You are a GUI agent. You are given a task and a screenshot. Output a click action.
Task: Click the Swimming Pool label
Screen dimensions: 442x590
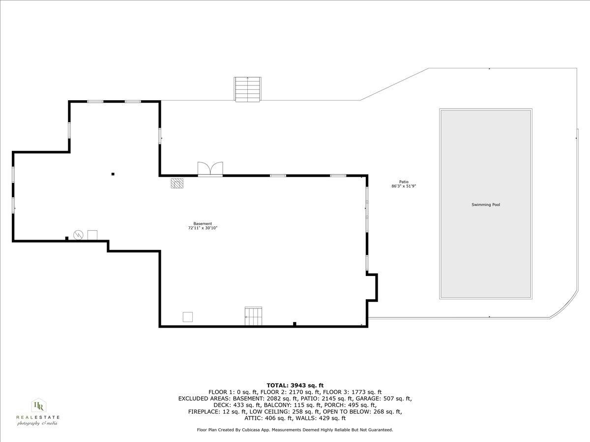(485, 204)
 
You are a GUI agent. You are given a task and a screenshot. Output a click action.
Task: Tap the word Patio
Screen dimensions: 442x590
(404, 182)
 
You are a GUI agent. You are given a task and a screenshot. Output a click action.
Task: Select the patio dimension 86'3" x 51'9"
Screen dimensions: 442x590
(404, 186)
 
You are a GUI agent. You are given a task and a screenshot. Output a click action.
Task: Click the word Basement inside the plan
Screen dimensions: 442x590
(203, 223)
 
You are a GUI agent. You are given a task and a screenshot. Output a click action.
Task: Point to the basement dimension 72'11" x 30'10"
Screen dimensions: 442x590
(203, 228)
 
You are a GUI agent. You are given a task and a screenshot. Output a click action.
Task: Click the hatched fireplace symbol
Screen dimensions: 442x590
(177, 183)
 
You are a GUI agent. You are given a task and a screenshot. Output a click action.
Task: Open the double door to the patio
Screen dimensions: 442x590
(210, 169)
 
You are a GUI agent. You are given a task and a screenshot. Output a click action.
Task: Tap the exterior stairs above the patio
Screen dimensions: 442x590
(248, 89)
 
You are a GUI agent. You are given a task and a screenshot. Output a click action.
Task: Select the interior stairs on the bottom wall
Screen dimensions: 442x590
(253, 316)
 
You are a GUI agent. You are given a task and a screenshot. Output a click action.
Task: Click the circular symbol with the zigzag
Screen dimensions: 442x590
(78, 235)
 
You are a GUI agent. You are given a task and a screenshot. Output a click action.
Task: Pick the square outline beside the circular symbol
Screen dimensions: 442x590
(92, 235)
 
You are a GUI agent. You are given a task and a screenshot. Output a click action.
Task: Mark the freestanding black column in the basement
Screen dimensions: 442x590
(113, 174)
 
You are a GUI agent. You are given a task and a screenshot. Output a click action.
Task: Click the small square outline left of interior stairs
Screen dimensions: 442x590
(187, 317)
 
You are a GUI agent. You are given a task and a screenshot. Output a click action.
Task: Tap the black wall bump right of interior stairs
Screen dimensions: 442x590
(295, 323)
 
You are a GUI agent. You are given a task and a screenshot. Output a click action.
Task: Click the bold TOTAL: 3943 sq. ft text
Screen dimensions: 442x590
(295, 385)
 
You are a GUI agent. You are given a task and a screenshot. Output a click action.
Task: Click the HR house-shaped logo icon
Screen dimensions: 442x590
(38, 406)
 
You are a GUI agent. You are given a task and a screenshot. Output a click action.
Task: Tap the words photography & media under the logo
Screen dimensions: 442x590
(37, 423)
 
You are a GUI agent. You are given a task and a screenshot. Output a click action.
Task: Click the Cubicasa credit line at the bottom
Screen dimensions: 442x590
(295, 430)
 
